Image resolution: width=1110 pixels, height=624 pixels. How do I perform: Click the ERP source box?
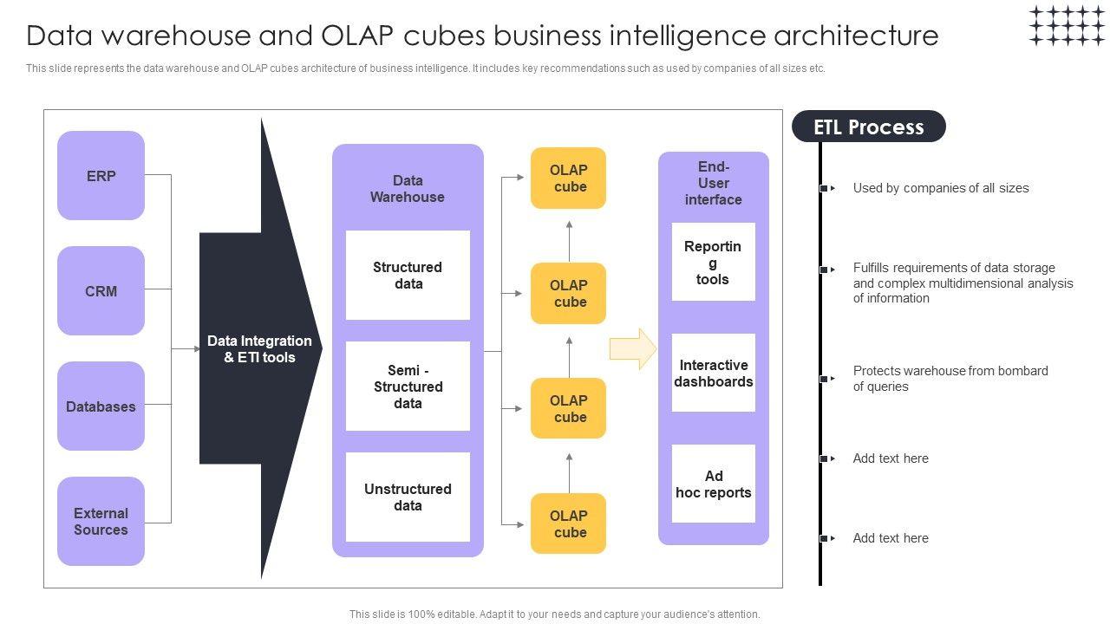(101, 176)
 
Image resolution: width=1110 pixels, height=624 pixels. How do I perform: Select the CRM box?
(101, 291)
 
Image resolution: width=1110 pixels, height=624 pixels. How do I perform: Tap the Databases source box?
(101, 406)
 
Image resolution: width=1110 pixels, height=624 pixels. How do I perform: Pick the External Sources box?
(101, 522)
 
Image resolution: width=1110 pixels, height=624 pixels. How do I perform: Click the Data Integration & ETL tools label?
(259, 349)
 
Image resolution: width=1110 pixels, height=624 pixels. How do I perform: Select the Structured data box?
(408, 276)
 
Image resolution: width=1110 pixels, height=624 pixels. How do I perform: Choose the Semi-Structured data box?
(408, 387)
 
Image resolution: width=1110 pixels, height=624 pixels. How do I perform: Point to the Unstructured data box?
(408, 497)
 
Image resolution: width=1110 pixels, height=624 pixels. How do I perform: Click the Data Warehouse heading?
(408, 189)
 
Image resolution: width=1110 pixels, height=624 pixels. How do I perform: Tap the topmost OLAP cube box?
(569, 179)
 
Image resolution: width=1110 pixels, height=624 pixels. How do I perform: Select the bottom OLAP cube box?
(569, 523)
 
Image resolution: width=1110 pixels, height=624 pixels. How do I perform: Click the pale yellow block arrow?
(633, 349)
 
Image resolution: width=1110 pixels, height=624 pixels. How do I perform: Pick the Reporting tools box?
(713, 263)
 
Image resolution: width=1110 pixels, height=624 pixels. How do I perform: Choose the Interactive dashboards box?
(713, 374)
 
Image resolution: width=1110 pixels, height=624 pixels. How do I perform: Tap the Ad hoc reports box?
(713, 484)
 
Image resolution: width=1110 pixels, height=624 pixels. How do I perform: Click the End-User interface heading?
(713, 183)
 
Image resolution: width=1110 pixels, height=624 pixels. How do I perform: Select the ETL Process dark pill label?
(868, 127)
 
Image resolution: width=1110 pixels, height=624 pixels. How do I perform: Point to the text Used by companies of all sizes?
(941, 188)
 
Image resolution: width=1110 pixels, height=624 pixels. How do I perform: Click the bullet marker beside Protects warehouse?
(825, 379)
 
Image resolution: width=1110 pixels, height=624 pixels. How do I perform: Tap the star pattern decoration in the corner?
(1067, 25)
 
